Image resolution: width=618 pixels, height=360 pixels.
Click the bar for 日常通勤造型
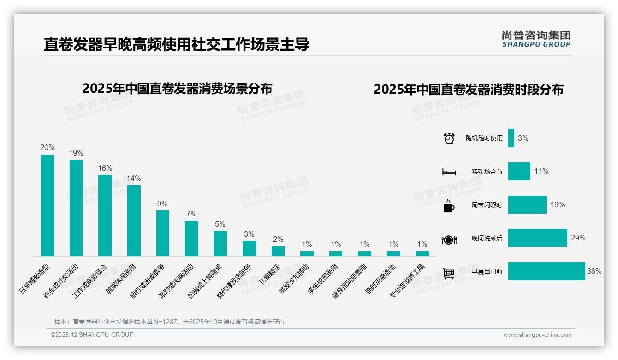tap(47, 205)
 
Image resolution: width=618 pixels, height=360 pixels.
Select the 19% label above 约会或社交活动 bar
tap(76, 153)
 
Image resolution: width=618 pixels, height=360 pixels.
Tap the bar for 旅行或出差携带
tap(163, 233)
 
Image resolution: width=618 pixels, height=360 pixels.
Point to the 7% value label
tap(191, 214)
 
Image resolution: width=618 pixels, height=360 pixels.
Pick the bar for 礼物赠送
tap(278, 251)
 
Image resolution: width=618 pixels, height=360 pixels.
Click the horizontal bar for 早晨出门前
tap(547, 271)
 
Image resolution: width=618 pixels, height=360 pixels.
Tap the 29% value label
tap(578, 238)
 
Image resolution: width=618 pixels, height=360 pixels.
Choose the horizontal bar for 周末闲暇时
tap(527, 205)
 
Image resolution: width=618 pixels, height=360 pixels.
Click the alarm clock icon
tap(449, 138)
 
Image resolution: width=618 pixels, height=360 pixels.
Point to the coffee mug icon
tap(449, 206)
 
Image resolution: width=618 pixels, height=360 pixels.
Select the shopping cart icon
tap(449, 273)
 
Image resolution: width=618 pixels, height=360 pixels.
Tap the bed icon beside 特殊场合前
tap(449, 172)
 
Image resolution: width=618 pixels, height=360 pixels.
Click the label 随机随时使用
tap(484, 138)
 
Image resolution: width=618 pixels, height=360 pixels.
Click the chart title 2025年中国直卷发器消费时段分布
tap(469, 90)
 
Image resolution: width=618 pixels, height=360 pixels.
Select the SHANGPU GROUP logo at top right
tap(536, 39)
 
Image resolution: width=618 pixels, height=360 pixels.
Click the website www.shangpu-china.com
tap(537, 335)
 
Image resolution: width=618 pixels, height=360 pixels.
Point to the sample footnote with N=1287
tap(169, 322)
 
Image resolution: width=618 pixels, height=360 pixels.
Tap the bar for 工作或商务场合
tap(105, 216)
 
